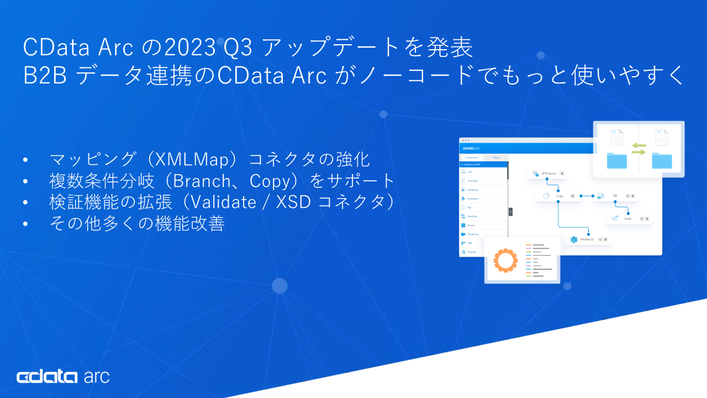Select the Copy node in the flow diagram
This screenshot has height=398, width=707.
point(558,196)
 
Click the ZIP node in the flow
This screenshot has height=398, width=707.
point(615,196)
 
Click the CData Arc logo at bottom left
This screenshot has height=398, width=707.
point(63,377)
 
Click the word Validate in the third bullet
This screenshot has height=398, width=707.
point(219,202)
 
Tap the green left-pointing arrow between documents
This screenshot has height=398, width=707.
point(639,145)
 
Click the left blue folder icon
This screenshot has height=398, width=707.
point(617,160)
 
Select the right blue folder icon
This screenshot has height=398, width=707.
point(662,160)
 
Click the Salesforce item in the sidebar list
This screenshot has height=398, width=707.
point(472,234)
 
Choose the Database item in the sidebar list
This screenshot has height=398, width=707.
point(472,190)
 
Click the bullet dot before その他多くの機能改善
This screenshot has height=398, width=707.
point(25,224)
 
